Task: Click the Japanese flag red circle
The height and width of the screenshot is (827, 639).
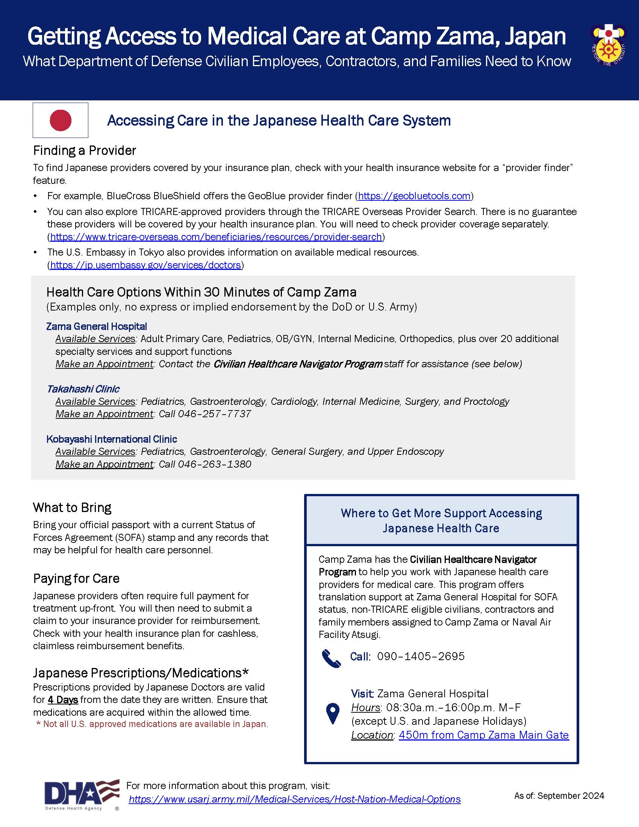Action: coord(61,120)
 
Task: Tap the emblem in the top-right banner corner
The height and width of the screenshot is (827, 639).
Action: coord(608,44)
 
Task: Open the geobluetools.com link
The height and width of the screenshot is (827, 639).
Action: coord(414,196)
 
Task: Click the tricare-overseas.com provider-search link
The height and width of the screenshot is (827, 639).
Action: coord(216,237)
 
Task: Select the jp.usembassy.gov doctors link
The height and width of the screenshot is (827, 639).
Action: coord(145,265)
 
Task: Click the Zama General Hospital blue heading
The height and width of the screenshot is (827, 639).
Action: coord(97,326)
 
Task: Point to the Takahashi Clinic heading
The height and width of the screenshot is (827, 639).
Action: coord(83,389)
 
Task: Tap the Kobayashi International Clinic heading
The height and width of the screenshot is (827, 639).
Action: coord(112,439)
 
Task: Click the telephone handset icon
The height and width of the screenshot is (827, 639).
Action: coord(331,658)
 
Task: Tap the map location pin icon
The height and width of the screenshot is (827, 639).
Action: coord(333,713)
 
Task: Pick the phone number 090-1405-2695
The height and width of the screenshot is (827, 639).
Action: coord(421,656)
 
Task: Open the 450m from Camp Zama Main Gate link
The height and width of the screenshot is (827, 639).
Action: coord(483,735)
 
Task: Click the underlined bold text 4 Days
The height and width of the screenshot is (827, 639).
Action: coord(63,700)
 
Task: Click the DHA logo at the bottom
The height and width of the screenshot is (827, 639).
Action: coord(82,794)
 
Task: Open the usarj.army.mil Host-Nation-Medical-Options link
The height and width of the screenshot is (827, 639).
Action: coord(295,799)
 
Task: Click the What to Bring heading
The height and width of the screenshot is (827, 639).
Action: coord(72,507)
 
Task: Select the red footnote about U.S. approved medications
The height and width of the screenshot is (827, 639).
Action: coord(152,724)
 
